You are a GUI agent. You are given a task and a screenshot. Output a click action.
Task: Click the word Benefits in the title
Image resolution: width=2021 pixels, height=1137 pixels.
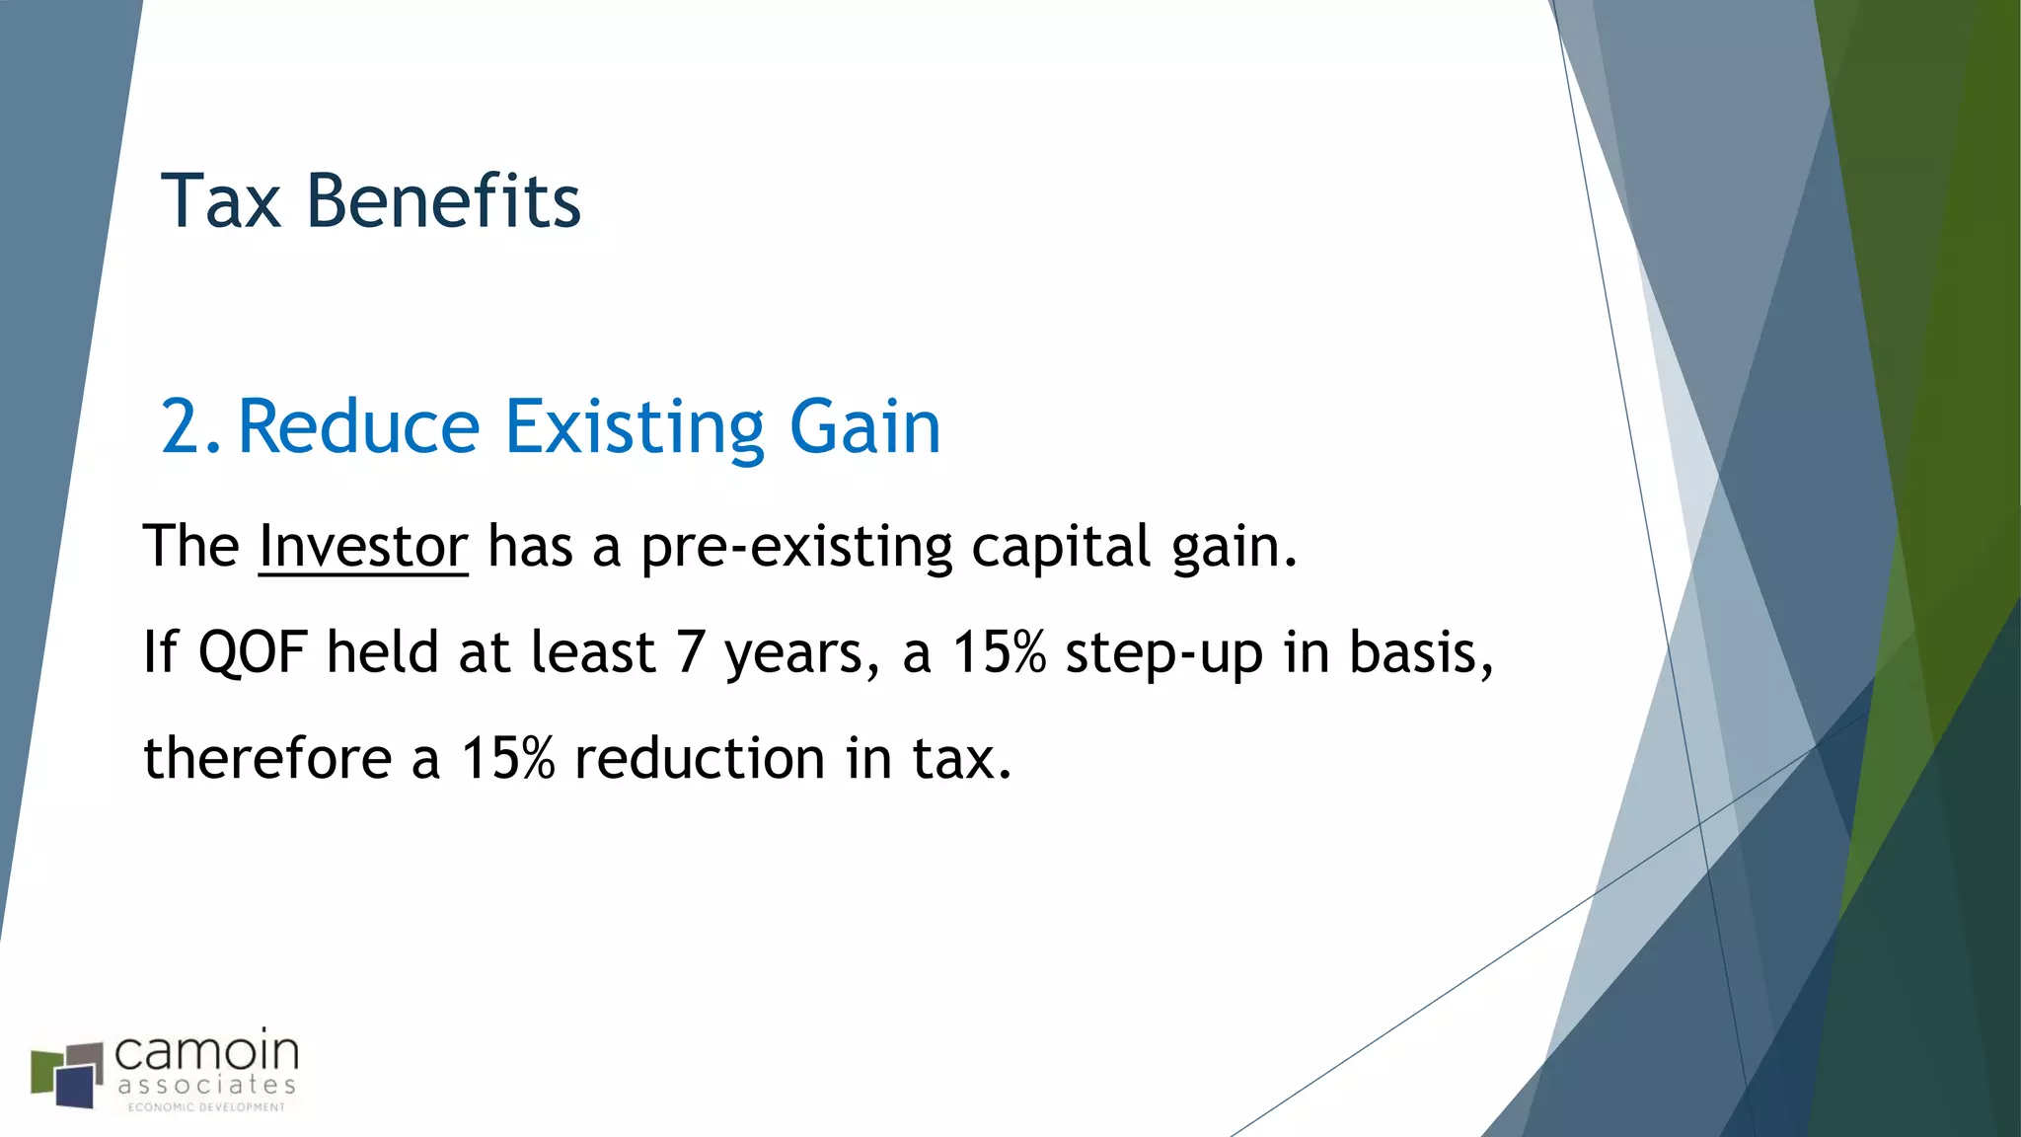[x=443, y=201]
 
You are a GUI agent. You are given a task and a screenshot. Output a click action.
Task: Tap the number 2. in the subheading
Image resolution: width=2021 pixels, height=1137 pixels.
[x=190, y=427]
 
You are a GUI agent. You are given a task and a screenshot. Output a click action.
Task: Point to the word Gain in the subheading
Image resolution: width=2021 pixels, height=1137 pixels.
[x=864, y=427]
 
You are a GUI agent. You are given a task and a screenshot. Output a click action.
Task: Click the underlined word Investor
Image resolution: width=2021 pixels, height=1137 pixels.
[x=363, y=546]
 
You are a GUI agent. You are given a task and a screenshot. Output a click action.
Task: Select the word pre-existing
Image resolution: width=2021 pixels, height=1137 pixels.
[x=796, y=548]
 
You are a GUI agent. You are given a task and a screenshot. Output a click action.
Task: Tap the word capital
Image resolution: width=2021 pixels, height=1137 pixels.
[x=1061, y=548]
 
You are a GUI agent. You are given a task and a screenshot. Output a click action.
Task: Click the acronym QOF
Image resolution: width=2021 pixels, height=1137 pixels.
[x=253, y=653]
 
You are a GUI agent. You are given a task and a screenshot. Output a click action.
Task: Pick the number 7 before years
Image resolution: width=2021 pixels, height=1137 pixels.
[x=690, y=653]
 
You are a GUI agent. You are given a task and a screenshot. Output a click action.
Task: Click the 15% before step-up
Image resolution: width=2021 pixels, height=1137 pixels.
[x=998, y=653]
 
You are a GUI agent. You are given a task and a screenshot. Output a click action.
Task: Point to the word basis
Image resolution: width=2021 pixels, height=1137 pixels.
[x=1419, y=653]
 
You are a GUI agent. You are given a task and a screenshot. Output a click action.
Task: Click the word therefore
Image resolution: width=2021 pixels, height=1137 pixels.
[x=267, y=759]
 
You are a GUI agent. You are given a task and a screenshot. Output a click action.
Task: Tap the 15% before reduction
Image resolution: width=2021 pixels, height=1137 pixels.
[x=507, y=759]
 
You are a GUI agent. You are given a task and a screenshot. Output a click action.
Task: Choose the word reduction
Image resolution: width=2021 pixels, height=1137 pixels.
[x=700, y=759]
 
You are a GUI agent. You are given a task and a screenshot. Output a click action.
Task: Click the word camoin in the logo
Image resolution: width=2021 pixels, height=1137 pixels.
[x=206, y=1053]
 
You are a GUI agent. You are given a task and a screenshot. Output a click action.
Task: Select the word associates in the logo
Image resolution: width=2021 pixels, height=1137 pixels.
[x=206, y=1086]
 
